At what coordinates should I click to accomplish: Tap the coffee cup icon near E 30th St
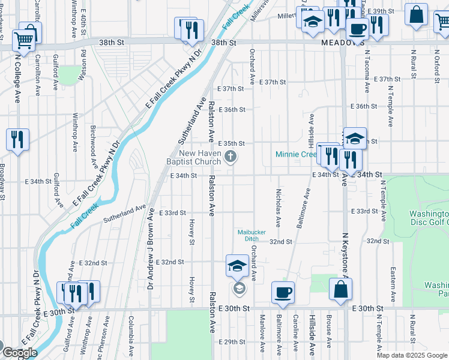click(x=283, y=292)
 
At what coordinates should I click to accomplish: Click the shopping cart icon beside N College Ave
click(x=23, y=40)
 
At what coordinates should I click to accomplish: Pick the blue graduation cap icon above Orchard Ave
click(x=237, y=265)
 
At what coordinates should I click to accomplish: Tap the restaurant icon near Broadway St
click(x=17, y=140)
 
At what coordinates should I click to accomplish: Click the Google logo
click(x=19, y=353)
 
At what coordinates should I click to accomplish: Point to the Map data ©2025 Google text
click(x=412, y=355)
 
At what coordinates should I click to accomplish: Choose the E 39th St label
click(x=380, y=11)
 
